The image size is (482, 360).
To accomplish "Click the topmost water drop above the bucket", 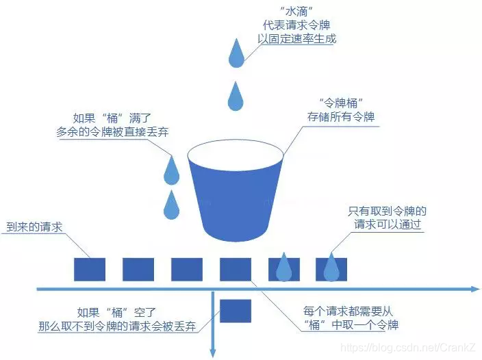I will (236, 55).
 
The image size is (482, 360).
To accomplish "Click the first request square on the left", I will (89, 269).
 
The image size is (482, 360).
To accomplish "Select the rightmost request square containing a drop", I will (331, 269).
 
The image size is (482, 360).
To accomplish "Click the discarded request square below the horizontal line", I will (236, 311).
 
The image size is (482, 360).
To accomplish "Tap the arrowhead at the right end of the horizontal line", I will (475, 290).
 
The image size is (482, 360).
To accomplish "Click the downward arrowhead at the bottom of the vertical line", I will (214, 352).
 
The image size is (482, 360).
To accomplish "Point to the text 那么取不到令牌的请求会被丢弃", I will (117, 326).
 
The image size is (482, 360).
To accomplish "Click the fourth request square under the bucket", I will (236, 269).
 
